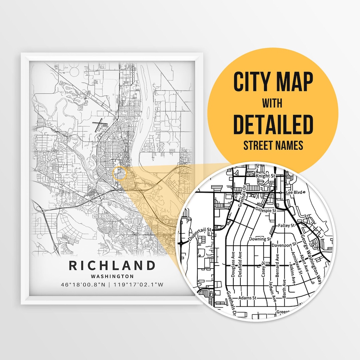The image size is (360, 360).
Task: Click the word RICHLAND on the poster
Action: pos(112,266)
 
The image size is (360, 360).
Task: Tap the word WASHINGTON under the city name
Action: pos(112,276)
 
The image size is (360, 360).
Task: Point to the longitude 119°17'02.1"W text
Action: pos(139,285)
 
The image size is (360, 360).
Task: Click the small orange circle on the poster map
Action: pos(120,174)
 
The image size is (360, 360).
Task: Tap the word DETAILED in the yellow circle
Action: pos(273,124)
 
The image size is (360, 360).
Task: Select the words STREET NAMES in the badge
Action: pos(273,146)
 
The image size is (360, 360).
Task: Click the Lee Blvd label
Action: pos(294,193)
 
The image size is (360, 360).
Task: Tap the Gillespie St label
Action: pos(265,211)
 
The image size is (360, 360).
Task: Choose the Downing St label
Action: pos(260,239)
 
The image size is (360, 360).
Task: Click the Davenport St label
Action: pos(284,245)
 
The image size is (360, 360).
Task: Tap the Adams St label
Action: pos(247,298)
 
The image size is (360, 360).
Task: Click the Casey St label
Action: pos(263,269)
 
